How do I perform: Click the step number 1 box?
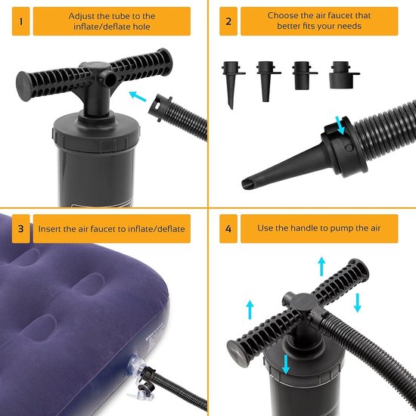click(x=20, y=21)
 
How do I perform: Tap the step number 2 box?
click(x=228, y=21)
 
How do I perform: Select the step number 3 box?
click(x=20, y=228)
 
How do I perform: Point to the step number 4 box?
click(x=228, y=228)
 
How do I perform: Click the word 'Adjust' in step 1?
click(x=82, y=17)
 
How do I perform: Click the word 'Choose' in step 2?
click(x=282, y=15)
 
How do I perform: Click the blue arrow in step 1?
click(x=138, y=97)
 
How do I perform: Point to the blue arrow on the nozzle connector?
click(x=340, y=126)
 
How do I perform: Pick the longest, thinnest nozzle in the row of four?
click(x=231, y=85)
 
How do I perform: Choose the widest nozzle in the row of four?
click(x=342, y=75)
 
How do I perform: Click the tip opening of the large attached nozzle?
click(x=247, y=184)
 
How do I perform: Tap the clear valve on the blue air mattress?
click(x=138, y=364)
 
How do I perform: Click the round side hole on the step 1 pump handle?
click(x=110, y=79)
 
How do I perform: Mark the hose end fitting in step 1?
click(x=160, y=108)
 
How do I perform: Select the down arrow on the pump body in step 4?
click(x=286, y=365)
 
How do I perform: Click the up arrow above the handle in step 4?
click(x=321, y=266)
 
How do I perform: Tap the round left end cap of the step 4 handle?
click(x=237, y=353)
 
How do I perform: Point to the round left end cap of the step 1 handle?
click(x=23, y=86)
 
